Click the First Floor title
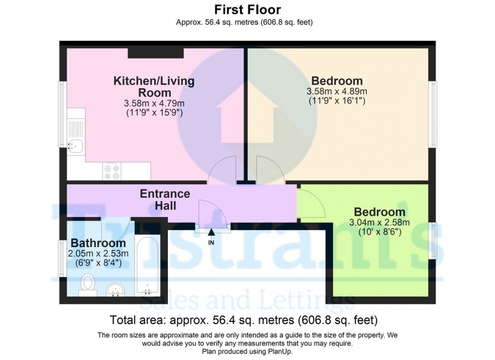[247, 9]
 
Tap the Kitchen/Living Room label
[154, 86]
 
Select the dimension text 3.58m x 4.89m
[337, 92]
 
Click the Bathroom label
[98, 243]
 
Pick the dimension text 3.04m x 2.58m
[380, 223]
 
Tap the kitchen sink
[76, 145]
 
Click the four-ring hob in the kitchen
[112, 171]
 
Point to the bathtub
[147, 265]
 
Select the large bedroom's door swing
[267, 169]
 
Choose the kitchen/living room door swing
[222, 169]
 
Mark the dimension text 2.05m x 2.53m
[98, 253]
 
